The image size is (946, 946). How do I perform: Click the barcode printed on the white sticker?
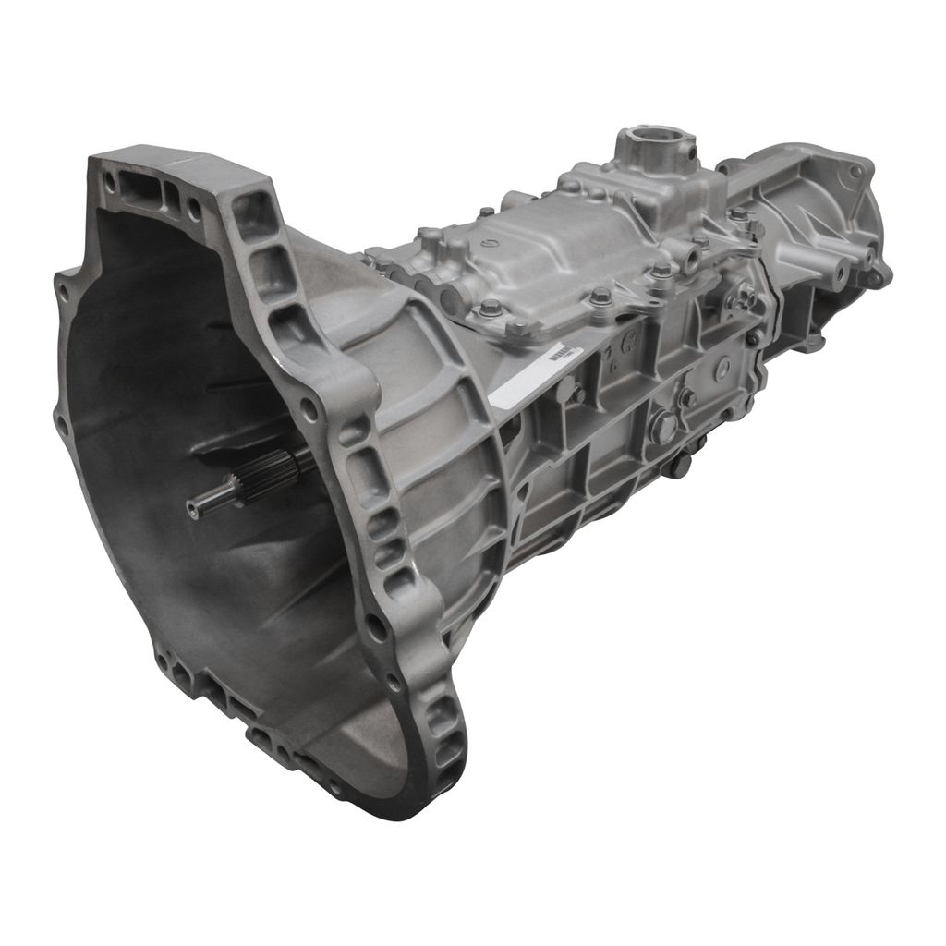pyautogui.click(x=561, y=353)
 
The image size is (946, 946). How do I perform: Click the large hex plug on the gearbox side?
pyautogui.click(x=661, y=427)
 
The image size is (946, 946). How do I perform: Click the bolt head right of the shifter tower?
pyautogui.click(x=738, y=213)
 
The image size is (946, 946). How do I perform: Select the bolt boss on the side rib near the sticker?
pyautogui.click(x=575, y=393)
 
